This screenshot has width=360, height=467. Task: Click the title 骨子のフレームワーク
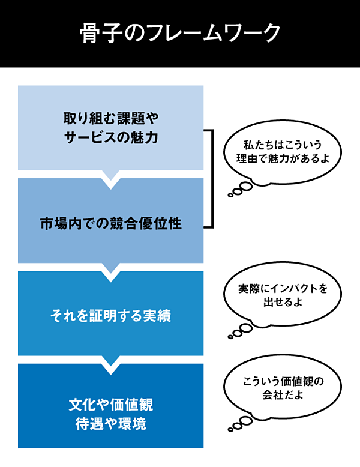click(179, 33)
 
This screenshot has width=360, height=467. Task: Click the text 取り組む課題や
click(111, 116)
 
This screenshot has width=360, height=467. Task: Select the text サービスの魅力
click(111, 137)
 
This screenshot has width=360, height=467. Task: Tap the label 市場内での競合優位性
click(111, 224)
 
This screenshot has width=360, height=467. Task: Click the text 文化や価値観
click(111, 402)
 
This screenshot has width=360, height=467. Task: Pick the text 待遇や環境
click(111, 424)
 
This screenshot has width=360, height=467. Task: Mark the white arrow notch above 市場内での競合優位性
click(111, 177)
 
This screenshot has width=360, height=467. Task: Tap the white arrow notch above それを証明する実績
click(111, 270)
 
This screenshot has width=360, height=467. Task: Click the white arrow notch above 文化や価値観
click(111, 363)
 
